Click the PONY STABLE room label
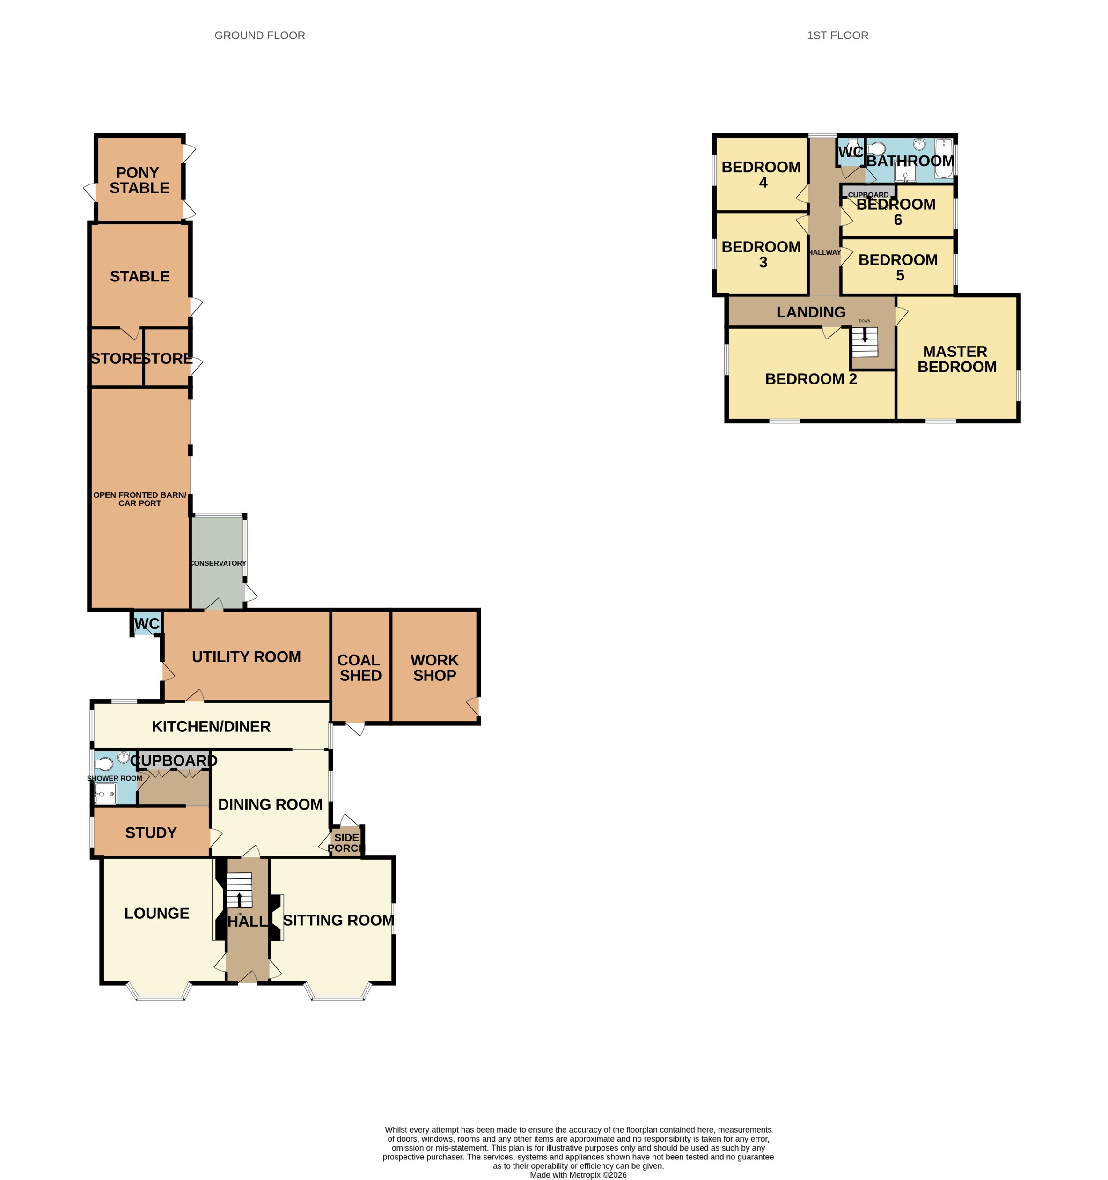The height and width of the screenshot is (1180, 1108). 139,180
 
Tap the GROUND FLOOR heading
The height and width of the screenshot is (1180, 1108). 259,36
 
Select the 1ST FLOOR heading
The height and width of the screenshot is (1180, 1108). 837,36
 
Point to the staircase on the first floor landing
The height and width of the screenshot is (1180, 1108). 864,342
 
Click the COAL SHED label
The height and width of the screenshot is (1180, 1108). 360,668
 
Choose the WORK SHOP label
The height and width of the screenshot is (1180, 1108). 434,668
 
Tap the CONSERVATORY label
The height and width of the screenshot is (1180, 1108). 218,563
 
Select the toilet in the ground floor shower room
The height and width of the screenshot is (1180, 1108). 104,764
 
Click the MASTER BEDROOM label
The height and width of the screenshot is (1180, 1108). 956,359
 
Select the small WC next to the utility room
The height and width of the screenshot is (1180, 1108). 147,623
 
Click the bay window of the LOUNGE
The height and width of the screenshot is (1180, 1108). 160,994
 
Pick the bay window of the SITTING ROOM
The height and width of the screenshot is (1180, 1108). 338,994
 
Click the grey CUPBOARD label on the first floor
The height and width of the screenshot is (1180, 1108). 868,195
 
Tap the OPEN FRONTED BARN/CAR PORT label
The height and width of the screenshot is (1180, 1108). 139,499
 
